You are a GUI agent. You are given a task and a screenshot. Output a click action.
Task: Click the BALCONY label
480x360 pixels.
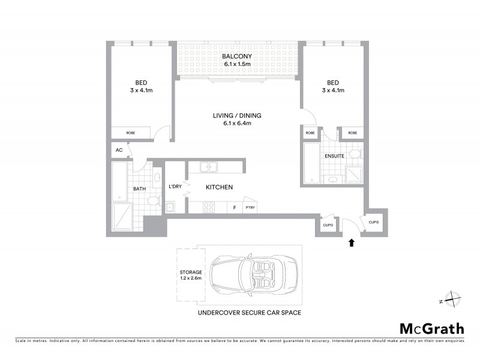pos(238,56)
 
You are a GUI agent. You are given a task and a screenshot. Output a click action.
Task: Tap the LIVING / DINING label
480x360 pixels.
pos(237,115)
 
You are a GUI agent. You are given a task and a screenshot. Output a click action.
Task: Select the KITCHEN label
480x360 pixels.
pos(219,188)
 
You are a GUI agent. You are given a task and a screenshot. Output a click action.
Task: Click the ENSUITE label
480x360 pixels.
pos(334,156)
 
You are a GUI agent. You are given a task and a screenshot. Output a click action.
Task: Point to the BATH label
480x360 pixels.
pos(139,189)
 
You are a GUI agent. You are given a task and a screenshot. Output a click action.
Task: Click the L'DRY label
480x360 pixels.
pos(175,187)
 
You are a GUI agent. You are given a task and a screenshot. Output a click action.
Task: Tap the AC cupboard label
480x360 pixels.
pos(118,150)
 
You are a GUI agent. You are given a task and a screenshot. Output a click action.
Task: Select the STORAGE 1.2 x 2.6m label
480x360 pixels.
pos(190,275)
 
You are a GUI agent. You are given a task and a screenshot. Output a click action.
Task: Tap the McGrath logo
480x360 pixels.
pos(431,328)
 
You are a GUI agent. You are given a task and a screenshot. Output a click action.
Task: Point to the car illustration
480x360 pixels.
pos(253,275)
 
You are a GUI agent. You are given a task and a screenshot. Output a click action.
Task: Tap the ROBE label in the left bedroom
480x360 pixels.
pos(130,133)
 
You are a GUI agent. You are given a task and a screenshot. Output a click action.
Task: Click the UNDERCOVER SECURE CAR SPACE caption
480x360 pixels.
pos(249,313)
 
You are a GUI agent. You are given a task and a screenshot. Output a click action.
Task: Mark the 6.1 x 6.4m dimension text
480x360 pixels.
pos(237,123)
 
